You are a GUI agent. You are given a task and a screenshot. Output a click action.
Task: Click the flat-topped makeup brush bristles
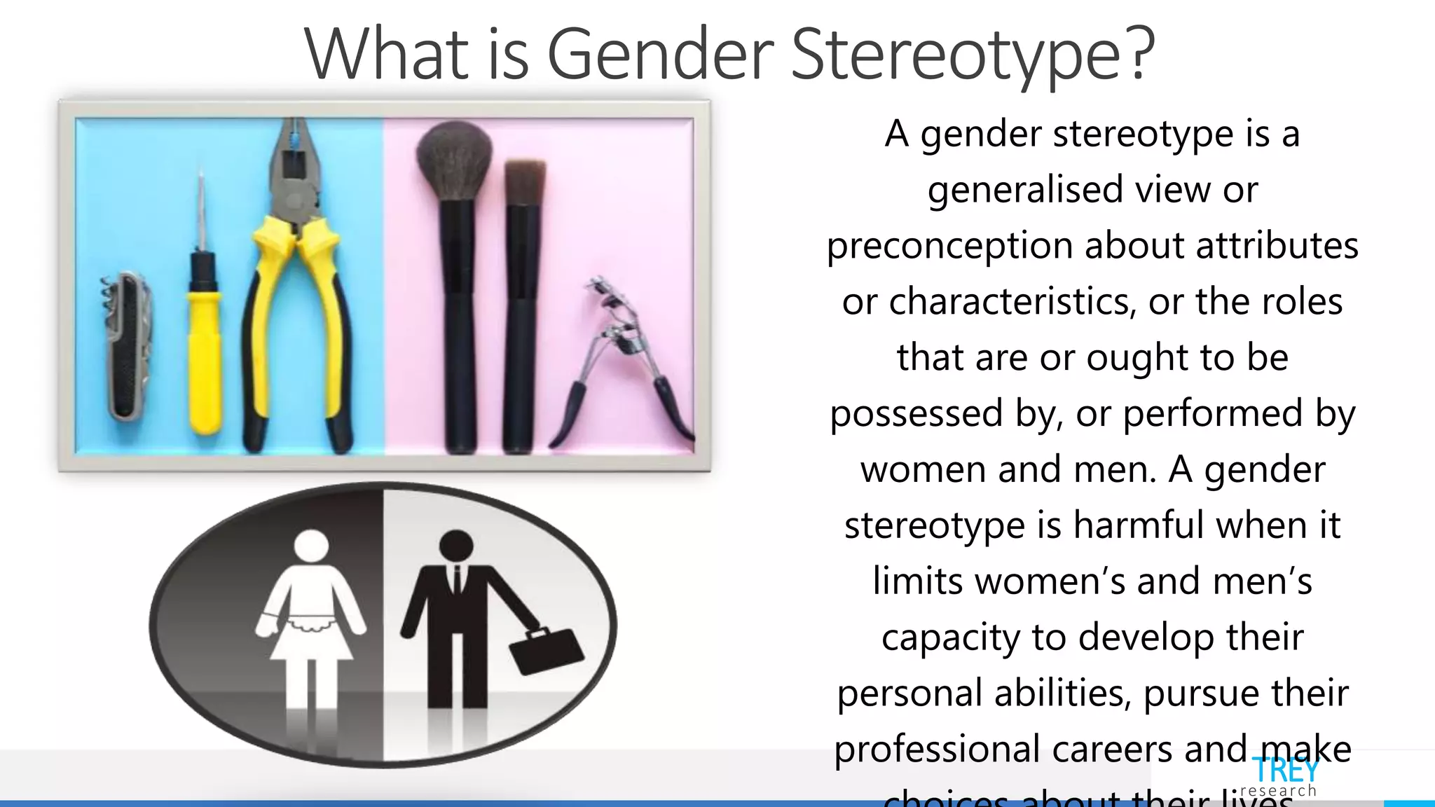[x=525, y=182]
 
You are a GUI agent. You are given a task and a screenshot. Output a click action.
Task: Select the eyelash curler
[x=620, y=357]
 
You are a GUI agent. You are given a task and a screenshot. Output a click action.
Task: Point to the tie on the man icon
[x=457, y=581]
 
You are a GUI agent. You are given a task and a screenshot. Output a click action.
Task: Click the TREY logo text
[x=1284, y=771]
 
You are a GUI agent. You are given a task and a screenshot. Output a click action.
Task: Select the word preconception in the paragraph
[x=949, y=246]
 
